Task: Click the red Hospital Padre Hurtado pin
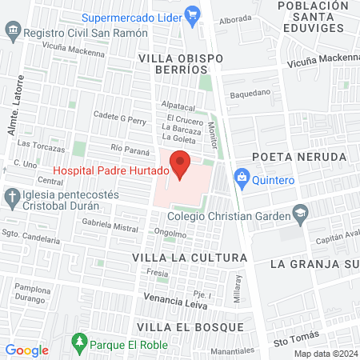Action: [181, 163]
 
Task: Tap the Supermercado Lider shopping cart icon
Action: [191, 14]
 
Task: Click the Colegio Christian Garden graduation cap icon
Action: [300, 213]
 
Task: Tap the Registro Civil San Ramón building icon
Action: [12, 34]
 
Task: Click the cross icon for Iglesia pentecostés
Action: [12, 196]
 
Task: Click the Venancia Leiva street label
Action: [170, 298]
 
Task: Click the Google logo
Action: [26, 350]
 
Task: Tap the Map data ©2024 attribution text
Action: [324, 354]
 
